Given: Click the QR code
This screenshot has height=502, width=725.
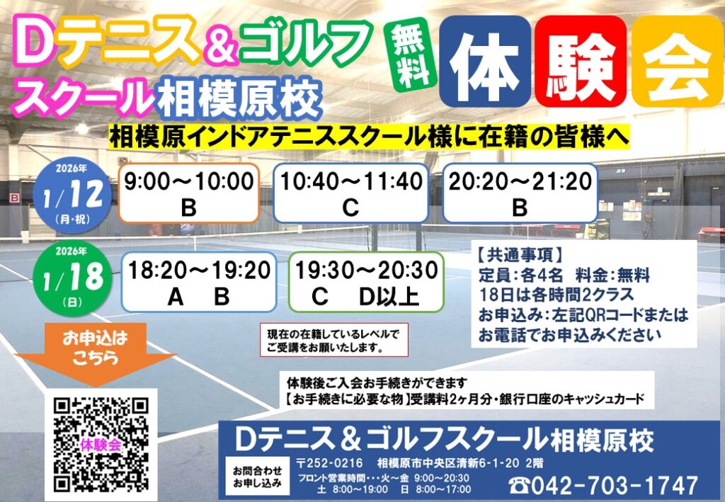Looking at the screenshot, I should (x=101, y=443).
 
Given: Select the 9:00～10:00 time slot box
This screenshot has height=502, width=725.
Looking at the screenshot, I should (x=189, y=193).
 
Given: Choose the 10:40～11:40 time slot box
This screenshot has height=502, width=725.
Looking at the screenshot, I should (x=350, y=193).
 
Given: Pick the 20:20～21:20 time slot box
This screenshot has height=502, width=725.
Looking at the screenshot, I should (x=520, y=193).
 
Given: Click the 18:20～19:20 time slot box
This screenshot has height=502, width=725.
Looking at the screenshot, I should (x=199, y=282).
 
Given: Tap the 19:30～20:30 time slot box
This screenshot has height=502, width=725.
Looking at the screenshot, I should (x=367, y=282).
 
